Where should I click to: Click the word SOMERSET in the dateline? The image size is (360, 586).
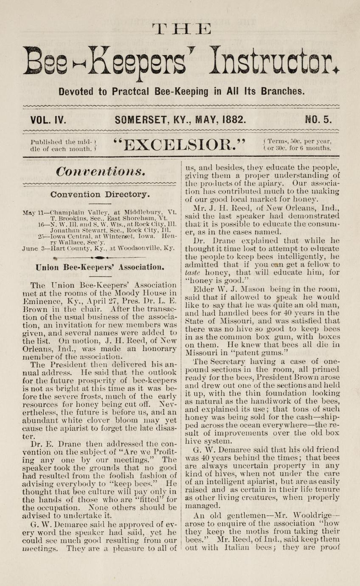[x=143, y=120]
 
